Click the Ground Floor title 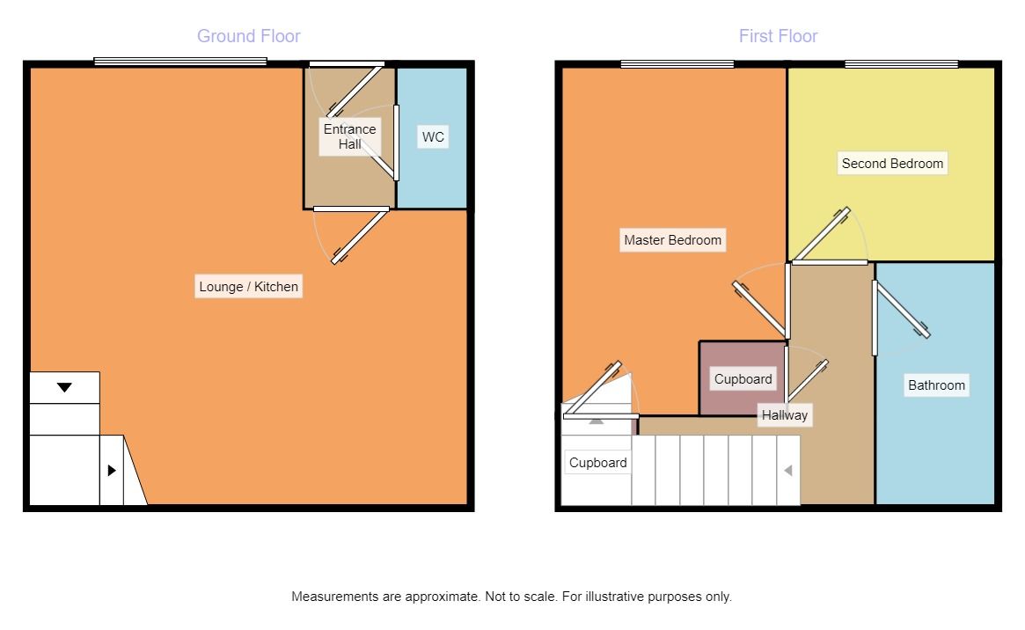248,36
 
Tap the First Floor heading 778,36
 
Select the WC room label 433,136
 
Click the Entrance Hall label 349,136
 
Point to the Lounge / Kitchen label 248,286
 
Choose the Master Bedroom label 673,240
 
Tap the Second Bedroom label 892,164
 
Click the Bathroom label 936,385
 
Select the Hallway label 785,415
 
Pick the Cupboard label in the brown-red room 743,379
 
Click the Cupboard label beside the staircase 597,463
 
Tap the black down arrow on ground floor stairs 64,387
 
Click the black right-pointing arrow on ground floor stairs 112,470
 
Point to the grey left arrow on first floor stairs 787,471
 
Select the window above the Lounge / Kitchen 180,62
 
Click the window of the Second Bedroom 901,64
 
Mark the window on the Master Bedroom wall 677,64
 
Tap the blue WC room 432,138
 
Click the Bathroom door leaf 902,310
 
